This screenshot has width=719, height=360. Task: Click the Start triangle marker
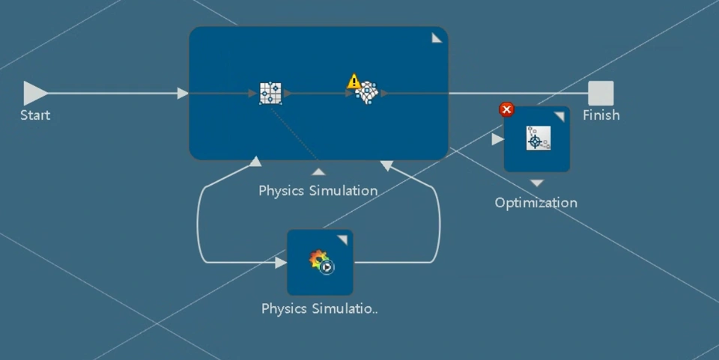pyautogui.click(x=34, y=93)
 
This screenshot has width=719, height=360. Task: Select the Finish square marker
pyautogui.click(x=601, y=94)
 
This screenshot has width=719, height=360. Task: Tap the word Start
pyautogui.click(x=35, y=115)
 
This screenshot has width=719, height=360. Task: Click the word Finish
pyautogui.click(x=601, y=115)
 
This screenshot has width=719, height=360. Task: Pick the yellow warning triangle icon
pyautogui.click(x=354, y=81)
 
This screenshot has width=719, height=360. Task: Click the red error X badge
pyautogui.click(x=507, y=110)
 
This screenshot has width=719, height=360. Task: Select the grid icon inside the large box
pyautogui.click(x=270, y=94)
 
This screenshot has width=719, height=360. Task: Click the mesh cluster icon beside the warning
pyautogui.click(x=367, y=94)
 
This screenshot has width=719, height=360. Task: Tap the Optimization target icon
pyautogui.click(x=538, y=138)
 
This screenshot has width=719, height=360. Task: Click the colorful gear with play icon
pyautogui.click(x=321, y=261)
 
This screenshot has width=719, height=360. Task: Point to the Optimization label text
pyautogui.click(x=536, y=203)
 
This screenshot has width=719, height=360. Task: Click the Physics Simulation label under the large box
pyautogui.click(x=318, y=191)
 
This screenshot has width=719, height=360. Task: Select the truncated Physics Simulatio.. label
pyautogui.click(x=320, y=308)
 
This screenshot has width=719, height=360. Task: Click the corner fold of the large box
pyautogui.click(x=437, y=38)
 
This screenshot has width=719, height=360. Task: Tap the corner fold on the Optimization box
pyautogui.click(x=559, y=117)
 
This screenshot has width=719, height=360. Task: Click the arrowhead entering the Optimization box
pyautogui.click(x=497, y=139)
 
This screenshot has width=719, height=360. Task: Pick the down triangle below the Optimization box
pyautogui.click(x=537, y=183)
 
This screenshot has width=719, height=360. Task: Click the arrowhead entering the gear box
pyautogui.click(x=281, y=263)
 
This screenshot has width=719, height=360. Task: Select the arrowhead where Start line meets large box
pyautogui.click(x=183, y=94)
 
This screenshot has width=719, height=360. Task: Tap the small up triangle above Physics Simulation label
pyautogui.click(x=319, y=171)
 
